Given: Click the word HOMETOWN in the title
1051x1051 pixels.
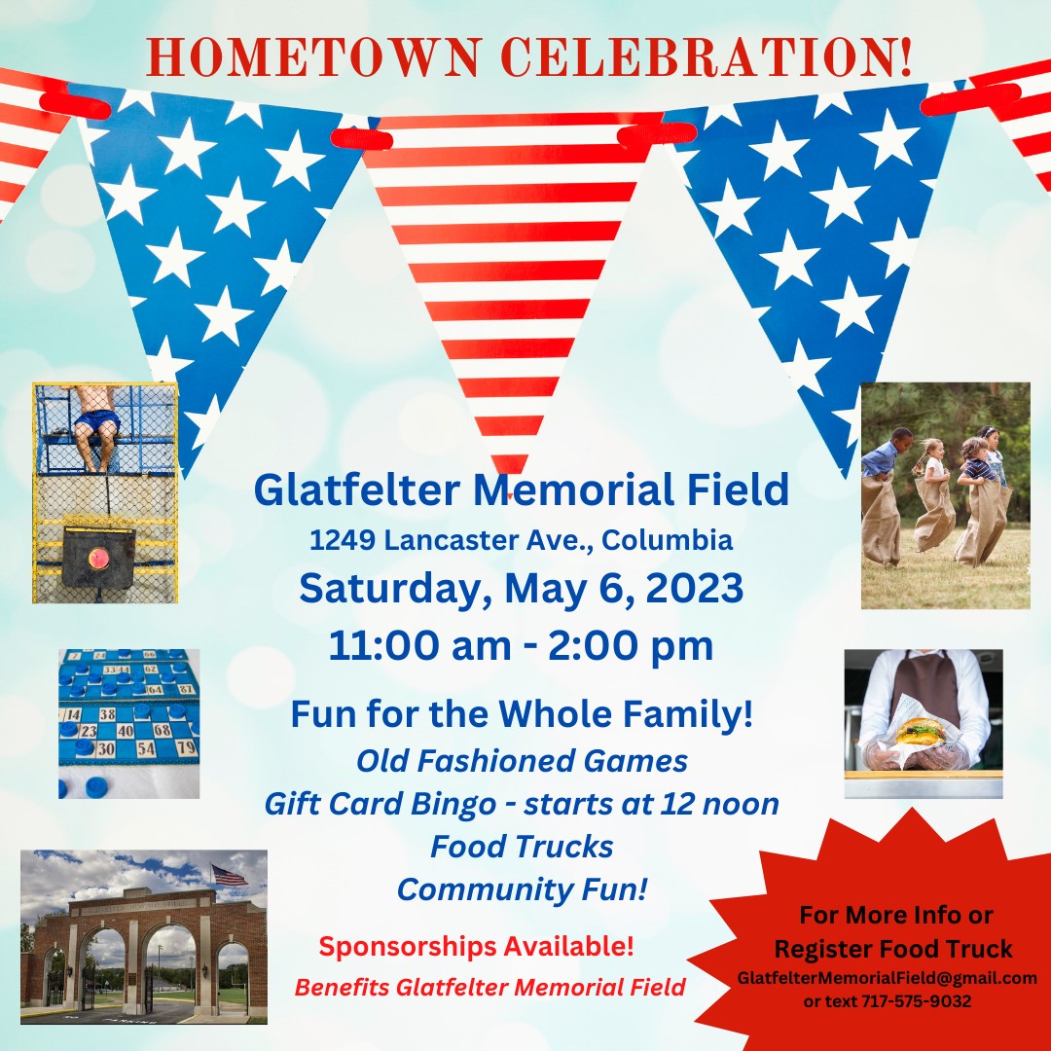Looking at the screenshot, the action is click(314, 56).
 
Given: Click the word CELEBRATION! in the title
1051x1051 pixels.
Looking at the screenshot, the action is click(707, 56).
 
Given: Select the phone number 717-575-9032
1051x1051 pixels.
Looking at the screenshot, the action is click(917, 1001).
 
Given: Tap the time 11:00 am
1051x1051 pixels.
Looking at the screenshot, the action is click(419, 645).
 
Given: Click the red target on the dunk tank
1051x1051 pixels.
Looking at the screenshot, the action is click(98, 558).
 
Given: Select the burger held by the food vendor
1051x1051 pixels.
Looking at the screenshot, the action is click(921, 731).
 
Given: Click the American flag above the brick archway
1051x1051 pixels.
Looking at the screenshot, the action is click(230, 875).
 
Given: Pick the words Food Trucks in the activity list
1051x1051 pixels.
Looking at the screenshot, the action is click(522, 847).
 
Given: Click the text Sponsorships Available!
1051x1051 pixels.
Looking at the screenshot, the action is click(476, 947).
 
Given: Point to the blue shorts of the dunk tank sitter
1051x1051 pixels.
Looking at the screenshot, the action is click(97, 421).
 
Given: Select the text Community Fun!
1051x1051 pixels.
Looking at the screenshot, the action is click(522, 889).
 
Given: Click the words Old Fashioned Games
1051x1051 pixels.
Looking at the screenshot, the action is click(522, 761).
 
